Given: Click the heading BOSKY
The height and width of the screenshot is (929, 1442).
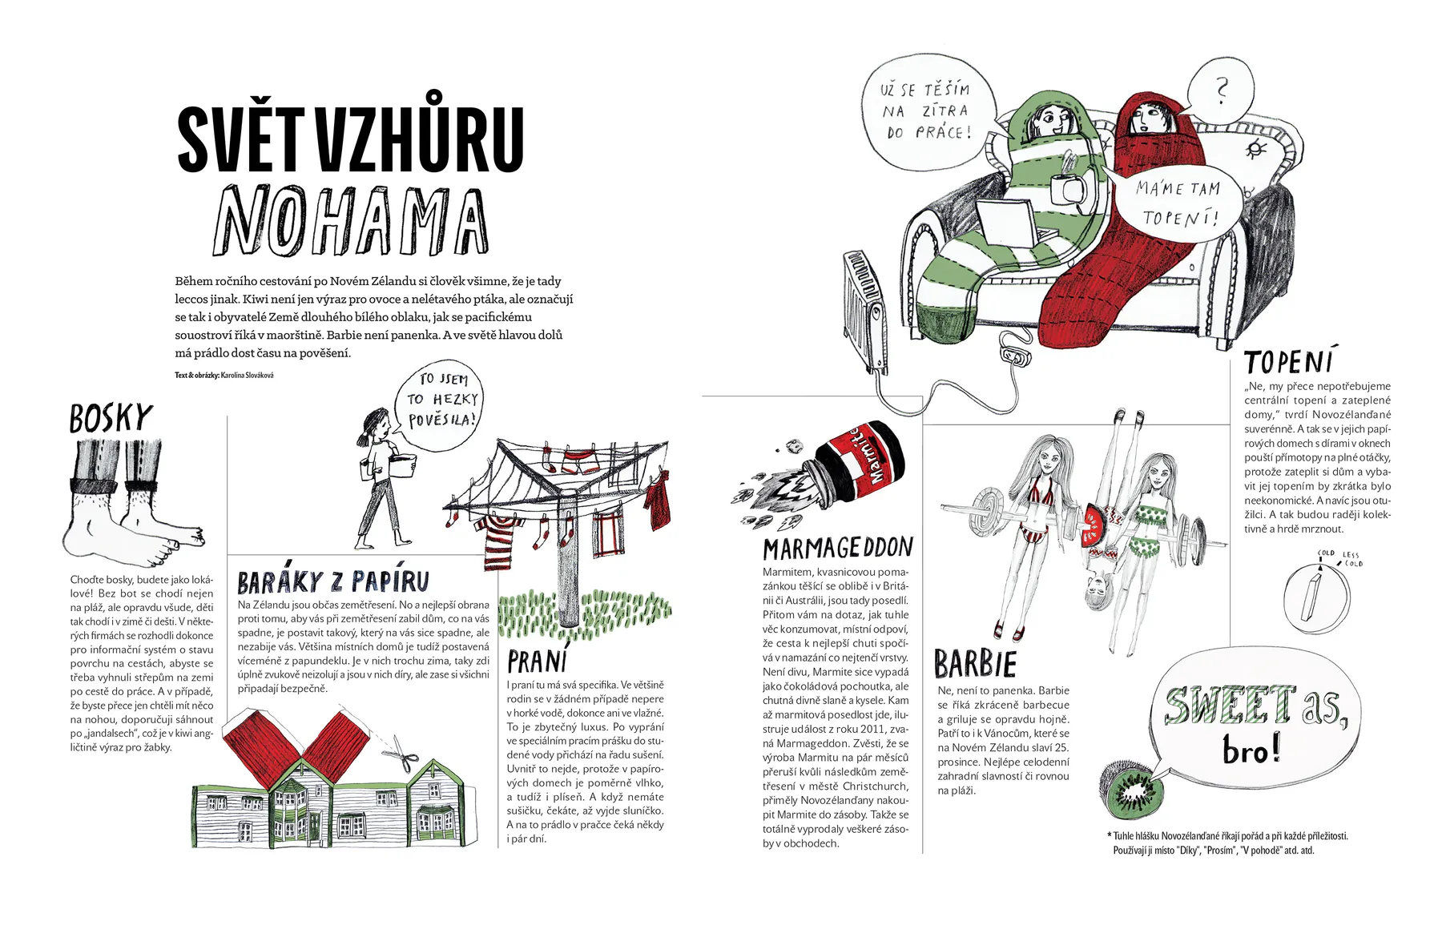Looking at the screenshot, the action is coord(111,418).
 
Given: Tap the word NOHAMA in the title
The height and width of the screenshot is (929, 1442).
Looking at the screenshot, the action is coord(351,220).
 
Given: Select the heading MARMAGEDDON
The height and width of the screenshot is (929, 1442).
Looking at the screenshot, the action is coord(837,548).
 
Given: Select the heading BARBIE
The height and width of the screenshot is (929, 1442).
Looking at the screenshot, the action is coord(975,664).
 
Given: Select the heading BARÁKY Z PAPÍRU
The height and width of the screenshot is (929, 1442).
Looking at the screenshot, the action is coord(333,581).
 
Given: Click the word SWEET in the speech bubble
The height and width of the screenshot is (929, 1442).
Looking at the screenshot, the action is coord(1229,706).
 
